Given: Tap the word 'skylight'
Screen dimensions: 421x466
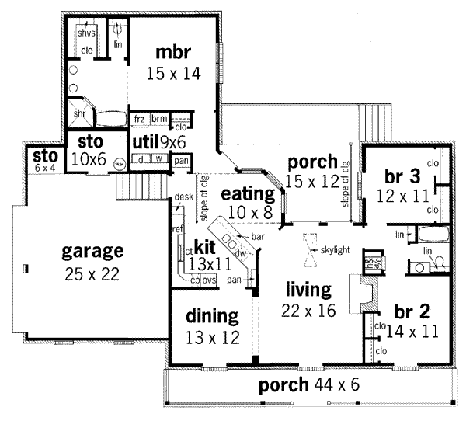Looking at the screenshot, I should click(335, 249).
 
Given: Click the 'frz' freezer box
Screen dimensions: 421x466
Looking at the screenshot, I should click(140, 118).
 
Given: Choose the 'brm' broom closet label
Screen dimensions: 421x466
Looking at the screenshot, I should click(159, 118).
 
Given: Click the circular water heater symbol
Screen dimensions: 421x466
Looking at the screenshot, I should click(119, 164).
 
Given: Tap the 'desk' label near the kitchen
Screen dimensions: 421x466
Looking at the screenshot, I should click(183, 197).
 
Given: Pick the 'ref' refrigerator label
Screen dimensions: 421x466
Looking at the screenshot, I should click(178, 228).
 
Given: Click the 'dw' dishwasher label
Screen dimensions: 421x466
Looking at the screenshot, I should click(241, 252).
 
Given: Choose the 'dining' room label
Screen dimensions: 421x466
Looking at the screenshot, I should click(210, 318).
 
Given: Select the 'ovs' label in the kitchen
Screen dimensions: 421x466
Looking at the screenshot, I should click(210, 280).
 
